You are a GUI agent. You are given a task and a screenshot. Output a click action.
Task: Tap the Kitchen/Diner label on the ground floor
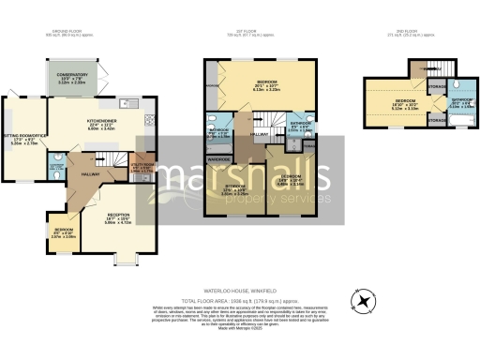pos(101,125)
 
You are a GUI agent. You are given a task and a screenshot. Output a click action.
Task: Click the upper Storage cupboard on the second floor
pos(436,85)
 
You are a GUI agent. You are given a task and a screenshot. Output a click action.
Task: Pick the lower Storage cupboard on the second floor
pos(436,120)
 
